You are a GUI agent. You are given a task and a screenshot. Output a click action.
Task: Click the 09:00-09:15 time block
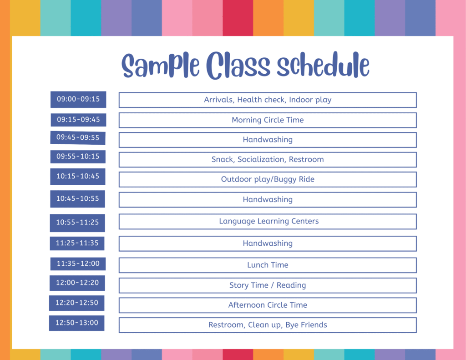pyautogui.click(x=78, y=99)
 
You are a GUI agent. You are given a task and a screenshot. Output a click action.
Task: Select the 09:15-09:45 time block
pyautogui.click(x=78, y=120)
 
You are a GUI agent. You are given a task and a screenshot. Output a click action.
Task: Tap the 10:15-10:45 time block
pyautogui.click(x=77, y=176)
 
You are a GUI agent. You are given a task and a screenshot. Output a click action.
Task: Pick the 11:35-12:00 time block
pyautogui.click(x=78, y=264)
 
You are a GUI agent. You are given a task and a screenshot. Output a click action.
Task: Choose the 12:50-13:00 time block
pyautogui.click(x=76, y=323)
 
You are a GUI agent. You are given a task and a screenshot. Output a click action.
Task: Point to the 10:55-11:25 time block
pyautogui.click(x=77, y=223)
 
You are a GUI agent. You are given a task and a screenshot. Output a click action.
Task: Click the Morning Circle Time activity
pyautogui.click(x=268, y=120)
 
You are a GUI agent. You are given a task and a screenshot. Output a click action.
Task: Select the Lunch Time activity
pyautogui.click(x=268, y=265)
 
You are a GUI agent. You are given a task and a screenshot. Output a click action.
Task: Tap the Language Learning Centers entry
pyautogui.click(x=268, y=222)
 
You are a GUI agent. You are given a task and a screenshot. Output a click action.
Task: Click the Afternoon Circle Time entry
pyautogui.click(x=268, y=305)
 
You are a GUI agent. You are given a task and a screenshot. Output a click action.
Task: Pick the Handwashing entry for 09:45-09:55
pyautogui.click(x=268, y=140)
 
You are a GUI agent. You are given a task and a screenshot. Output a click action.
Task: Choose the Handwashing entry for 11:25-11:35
pyautogui.click(x=268, y=243)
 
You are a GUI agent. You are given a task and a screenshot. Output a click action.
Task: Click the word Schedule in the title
pyautogui.click(x=323, y=65)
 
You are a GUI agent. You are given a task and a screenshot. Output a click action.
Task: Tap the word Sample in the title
pyautogui.click(x=161, y=66)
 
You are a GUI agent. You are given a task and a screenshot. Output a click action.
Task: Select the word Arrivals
pyautogui.click(x=219, y=100)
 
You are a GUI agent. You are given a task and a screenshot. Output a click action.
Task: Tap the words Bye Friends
pyautogui.click(x=306, y=325)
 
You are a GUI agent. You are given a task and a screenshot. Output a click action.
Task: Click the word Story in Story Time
pyautogui.click(x=239, y=285)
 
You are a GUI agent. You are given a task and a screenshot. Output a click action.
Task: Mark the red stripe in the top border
pyautogui.click(x=238, y=18)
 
